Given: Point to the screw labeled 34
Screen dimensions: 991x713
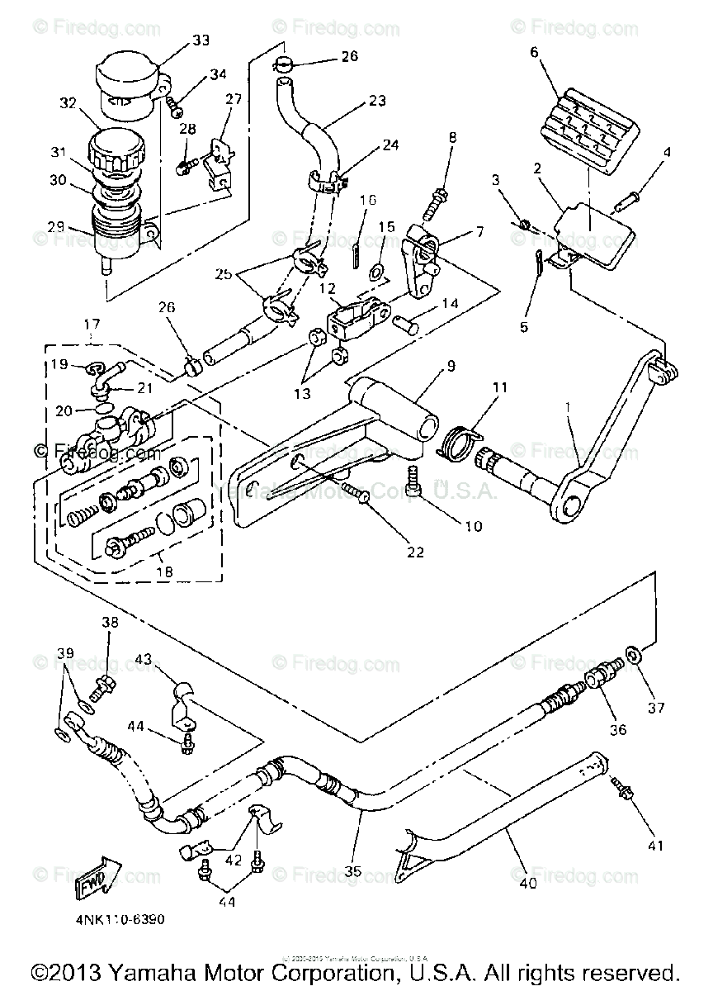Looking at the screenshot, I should coord(176,105).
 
